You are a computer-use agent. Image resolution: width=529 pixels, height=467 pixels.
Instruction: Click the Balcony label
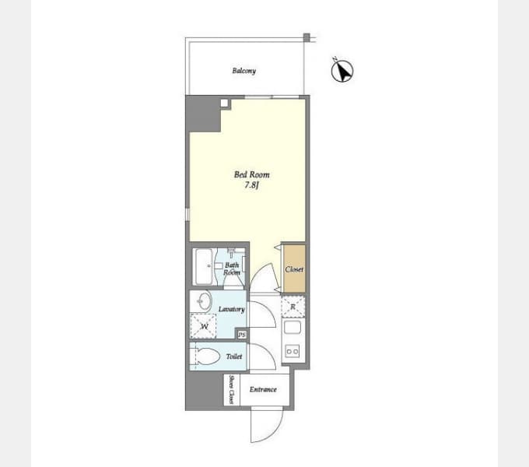(244, 71)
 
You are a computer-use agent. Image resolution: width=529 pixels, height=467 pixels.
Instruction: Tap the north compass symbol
(342, 70)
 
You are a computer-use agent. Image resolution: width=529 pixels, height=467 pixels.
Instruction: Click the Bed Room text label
(252, 174)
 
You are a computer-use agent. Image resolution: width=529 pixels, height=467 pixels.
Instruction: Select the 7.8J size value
(251, 185)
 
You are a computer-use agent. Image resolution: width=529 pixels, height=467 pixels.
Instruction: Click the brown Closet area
(295, 269)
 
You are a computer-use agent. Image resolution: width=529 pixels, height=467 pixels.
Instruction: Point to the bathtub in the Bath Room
(204, 266)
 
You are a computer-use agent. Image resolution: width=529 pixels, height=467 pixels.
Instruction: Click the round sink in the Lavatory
(204, 300)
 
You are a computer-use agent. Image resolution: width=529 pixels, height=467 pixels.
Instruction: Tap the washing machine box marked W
(203, 326)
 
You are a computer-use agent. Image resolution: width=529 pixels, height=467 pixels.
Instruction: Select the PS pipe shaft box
(242, 335)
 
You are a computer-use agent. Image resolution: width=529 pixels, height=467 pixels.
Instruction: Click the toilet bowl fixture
(206, 356)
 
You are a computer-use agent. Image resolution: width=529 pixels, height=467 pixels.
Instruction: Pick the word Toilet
(234, 356)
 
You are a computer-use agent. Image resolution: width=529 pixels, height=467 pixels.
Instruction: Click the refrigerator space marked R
(293, 307)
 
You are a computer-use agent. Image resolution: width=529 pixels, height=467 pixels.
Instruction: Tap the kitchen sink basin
(293, 327)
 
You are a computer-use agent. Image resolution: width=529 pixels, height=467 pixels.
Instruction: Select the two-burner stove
(293, 351)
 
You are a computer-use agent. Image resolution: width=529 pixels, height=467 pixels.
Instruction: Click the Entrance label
(263, 389)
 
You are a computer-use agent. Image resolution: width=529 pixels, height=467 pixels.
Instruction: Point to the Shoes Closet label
(232, 389)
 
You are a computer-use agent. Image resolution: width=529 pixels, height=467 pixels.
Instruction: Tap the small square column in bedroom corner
(224, 103)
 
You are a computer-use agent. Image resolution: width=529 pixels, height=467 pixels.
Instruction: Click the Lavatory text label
(232, 309)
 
